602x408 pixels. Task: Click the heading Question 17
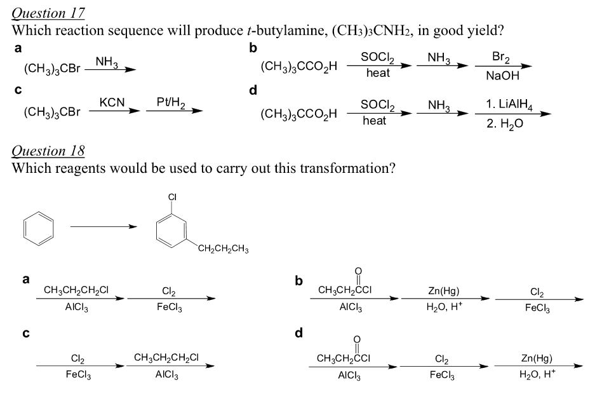49,13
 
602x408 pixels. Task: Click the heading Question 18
49,151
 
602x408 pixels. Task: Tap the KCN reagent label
112,102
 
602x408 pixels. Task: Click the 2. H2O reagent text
505,123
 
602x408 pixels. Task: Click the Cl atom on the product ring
172,198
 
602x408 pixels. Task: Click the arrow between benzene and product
103,226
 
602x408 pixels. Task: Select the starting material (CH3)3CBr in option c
52,112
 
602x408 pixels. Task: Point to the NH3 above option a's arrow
105,60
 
